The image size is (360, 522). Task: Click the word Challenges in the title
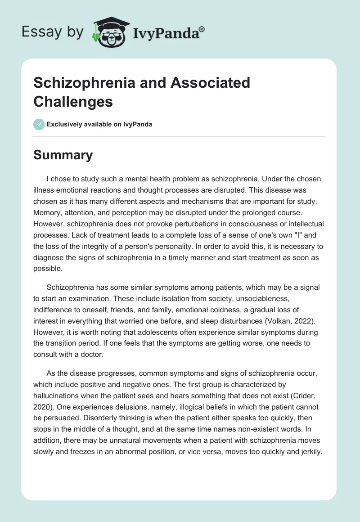coord(73,101)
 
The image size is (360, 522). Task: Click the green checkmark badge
coord(39,124)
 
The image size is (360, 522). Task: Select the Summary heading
coord(63,155)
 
